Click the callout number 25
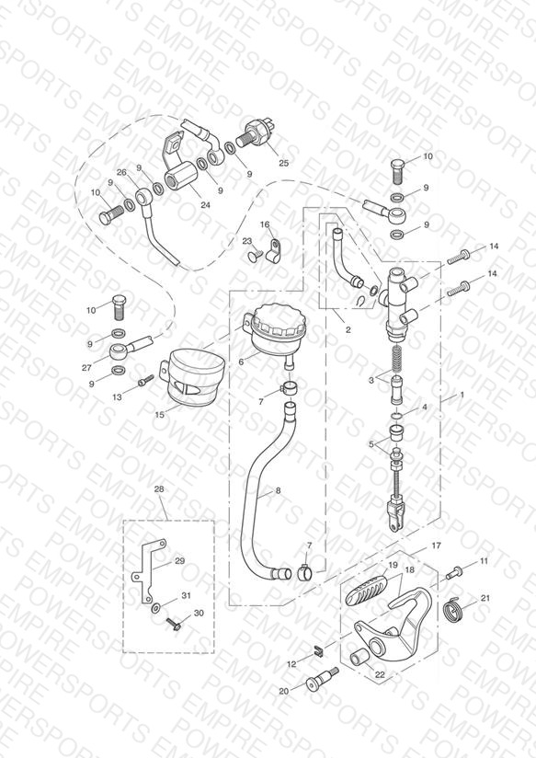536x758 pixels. (284, 163)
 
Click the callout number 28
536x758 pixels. (159, 489)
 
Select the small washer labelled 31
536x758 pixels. (155, 608)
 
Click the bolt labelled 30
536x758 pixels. (174, 625)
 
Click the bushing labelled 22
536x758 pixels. (359, 658)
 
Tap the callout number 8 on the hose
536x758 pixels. (278, 490)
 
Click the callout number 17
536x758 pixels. (436, 546)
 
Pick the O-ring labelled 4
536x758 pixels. (395, 416)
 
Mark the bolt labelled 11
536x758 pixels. (454, 572)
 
